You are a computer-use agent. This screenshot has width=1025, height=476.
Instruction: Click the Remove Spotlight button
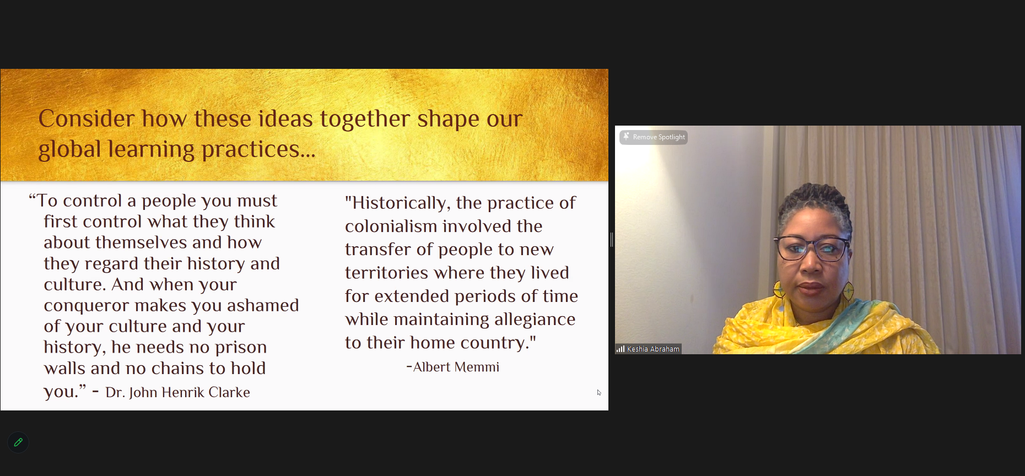(x=654, y=137)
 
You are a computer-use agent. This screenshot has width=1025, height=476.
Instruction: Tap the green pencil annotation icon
(x=18, y=442)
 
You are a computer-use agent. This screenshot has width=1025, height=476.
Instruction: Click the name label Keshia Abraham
(x=653, y=349)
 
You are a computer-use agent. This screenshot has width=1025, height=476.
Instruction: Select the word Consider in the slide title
(x=87, y=118)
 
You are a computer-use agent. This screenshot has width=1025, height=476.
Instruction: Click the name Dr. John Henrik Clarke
(x=177, y=392)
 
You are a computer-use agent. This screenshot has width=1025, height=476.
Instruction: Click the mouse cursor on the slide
(x=598, y=392)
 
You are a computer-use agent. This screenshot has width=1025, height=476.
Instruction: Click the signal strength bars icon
(x=621, y=349)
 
